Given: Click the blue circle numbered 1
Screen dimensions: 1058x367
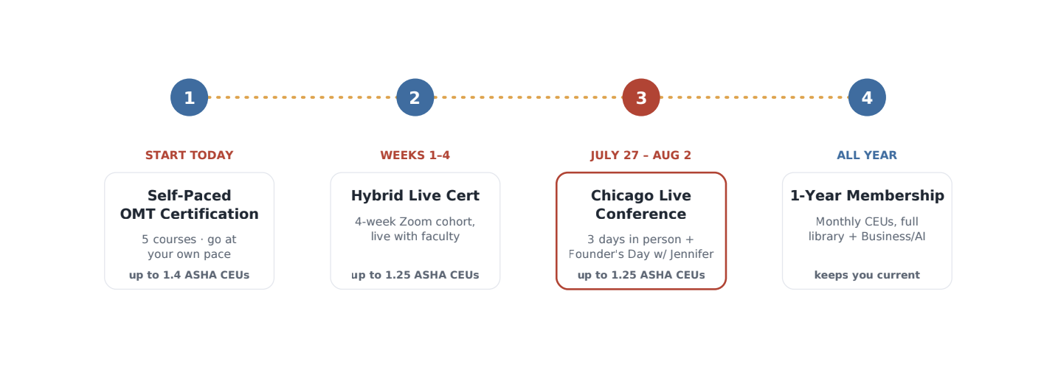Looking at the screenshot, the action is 189,97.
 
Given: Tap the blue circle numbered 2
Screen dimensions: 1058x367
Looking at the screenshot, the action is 415,97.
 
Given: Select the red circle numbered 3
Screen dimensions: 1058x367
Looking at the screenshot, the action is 641,97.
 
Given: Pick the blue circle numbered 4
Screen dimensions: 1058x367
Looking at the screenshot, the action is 867,97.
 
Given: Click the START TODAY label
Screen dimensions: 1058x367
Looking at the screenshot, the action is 189,155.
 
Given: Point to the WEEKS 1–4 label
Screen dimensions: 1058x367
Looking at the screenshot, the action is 415,155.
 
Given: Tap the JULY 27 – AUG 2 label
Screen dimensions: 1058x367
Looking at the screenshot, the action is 641,155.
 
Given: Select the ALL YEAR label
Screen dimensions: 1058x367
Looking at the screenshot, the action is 867,155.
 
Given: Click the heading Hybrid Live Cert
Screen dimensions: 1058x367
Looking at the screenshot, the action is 415,195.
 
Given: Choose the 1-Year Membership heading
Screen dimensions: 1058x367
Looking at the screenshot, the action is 867,195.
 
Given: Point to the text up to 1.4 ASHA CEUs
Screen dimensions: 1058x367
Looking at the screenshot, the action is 189,275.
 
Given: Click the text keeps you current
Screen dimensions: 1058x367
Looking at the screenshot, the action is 867,275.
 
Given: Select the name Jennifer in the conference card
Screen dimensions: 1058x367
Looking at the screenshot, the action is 691,254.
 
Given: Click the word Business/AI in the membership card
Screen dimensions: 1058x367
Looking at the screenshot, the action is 893,237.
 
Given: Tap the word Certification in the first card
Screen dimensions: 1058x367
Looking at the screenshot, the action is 210,214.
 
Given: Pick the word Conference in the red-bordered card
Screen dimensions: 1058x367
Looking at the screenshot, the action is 641,214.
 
